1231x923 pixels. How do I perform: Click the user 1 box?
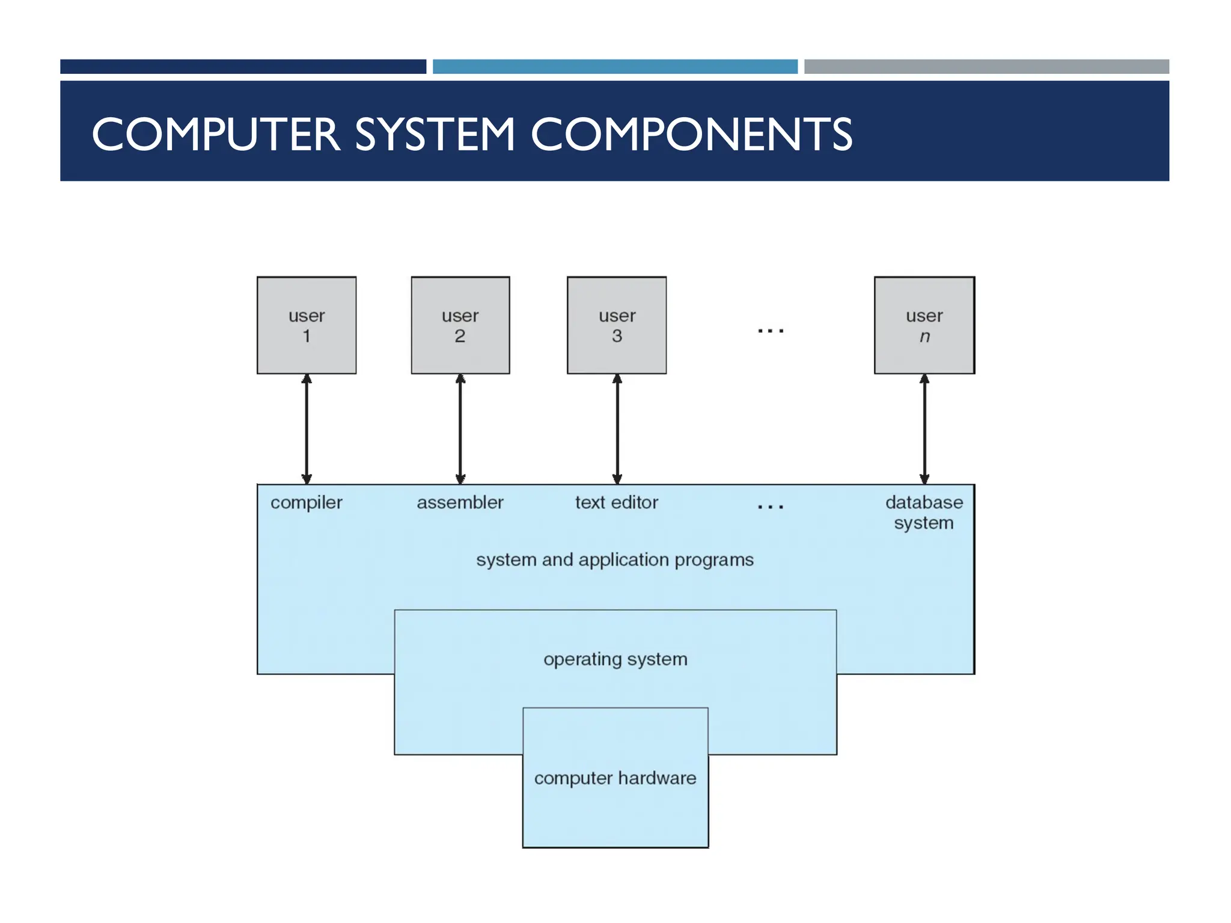307,325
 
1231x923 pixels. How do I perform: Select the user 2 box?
460,325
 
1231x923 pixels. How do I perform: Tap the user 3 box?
617,325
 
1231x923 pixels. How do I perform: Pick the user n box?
924,325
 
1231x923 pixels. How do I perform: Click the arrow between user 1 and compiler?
307,429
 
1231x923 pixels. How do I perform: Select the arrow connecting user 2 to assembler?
460,429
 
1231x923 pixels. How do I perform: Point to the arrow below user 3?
617,429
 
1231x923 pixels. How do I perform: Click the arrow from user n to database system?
924,429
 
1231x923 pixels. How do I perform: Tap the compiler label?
306,503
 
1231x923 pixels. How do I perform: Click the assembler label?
460,502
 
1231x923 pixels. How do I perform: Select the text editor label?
616,502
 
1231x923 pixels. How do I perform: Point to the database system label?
924,512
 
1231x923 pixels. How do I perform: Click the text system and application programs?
614,560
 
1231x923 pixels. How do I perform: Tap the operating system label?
615,659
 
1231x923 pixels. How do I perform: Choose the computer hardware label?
615,778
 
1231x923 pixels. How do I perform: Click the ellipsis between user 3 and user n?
771,331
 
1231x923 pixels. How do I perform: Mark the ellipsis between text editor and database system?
771,507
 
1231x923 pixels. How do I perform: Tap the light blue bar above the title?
615,67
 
